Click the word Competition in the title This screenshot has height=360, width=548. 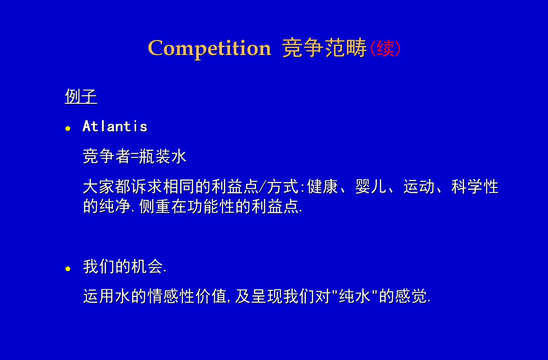tap(209, 48)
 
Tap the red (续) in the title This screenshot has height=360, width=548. tap(385, 48)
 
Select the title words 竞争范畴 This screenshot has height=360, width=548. tap(324, 48)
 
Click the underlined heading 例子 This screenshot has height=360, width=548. tap(81, 96)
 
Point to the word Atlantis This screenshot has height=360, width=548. tap(115, 126)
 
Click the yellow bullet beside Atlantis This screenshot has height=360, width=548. tap(68, 129)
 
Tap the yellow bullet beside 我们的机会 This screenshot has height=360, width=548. tap(68, 269)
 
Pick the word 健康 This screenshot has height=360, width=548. tap(323, 187)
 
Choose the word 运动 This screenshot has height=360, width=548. tap(419, 187)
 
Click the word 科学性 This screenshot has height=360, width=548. tap(475, 187)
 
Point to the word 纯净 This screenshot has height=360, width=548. tap(115, 206)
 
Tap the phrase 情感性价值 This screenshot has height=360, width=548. tap(187, 297)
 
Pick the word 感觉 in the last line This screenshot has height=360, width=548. tap(411, 297)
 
